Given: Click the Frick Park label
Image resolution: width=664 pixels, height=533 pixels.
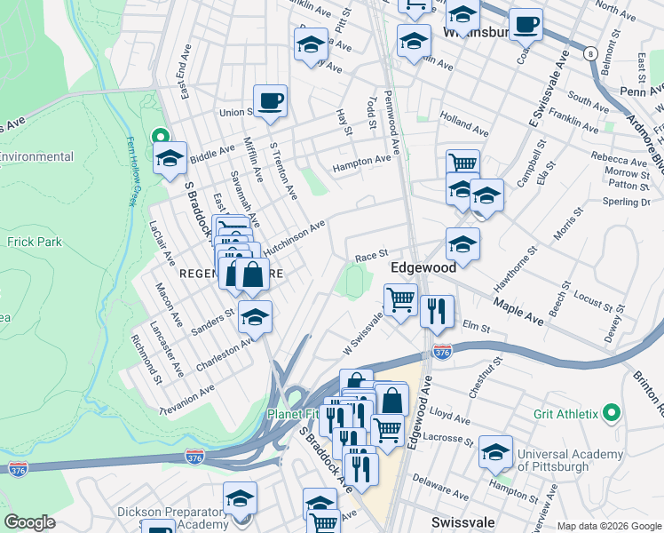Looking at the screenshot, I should coord(31,241).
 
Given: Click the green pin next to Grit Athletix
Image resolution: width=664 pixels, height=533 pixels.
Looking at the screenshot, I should coord(610,414).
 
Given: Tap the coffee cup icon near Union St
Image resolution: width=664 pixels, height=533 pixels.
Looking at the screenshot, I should coord(270,99).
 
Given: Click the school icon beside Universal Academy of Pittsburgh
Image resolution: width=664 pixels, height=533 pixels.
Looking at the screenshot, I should coord(495,451).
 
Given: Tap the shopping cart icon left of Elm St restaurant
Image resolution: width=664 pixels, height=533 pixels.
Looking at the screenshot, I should coord(400,299).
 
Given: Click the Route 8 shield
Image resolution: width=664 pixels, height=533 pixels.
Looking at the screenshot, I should coord(590,54).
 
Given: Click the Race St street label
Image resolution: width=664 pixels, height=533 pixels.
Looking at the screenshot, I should coord(372,256).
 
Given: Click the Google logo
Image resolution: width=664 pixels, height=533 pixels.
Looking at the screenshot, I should coord(29,522).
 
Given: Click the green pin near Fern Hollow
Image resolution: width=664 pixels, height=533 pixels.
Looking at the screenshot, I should coord(160,136).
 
